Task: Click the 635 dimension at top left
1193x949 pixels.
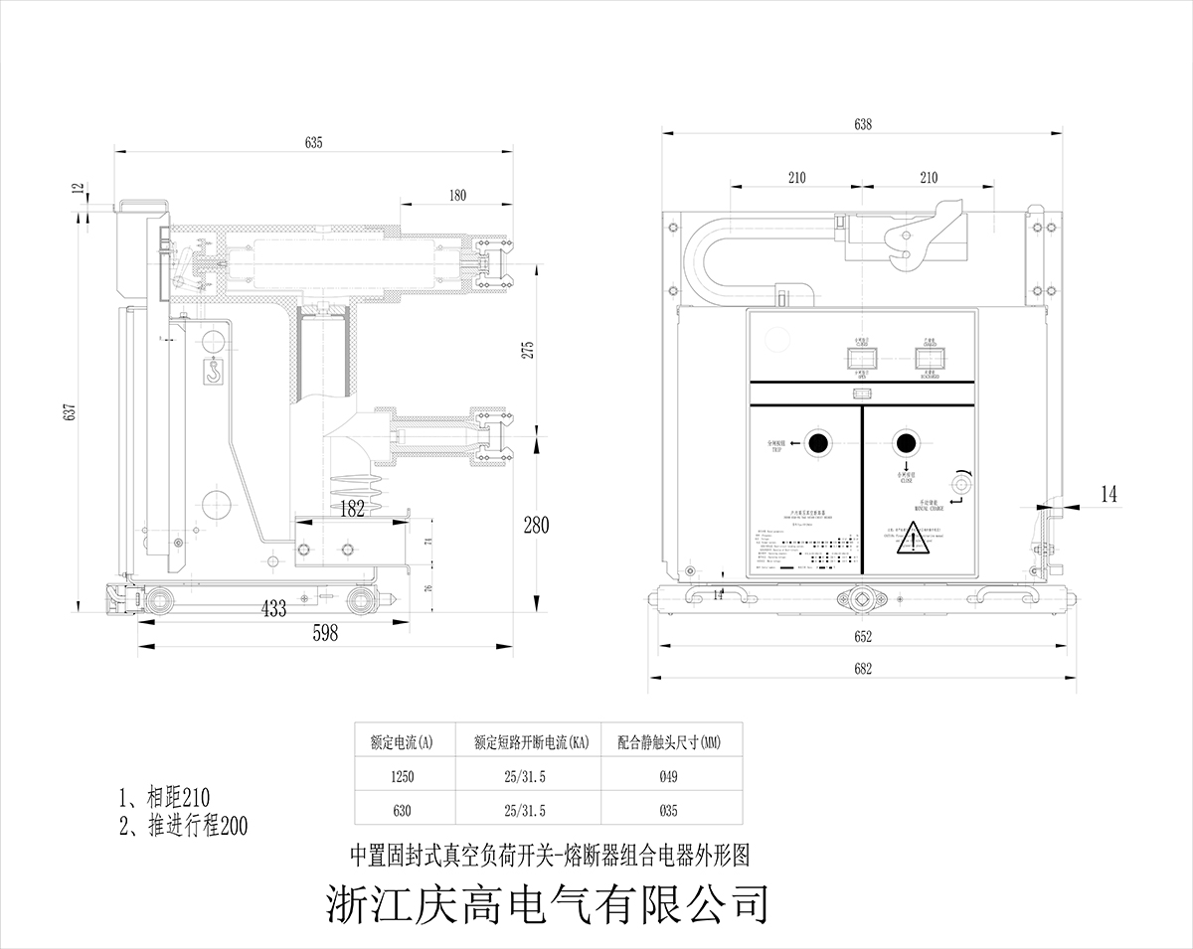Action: pos(313,143)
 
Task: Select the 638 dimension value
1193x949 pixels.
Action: pos(863,124)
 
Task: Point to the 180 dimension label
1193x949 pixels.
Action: pos(456,196)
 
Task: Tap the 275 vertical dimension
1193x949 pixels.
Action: pos(529,350)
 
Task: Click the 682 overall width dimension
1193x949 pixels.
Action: pos(862,670)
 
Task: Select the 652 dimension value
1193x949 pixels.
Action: pos(862,636)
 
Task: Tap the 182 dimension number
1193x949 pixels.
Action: pos(352,509)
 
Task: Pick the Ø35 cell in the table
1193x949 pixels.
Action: pos(668,811)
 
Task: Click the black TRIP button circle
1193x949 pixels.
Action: pos(817,443)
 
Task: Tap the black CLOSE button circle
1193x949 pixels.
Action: pos(906,442)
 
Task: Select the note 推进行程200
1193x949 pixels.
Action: pos(183,825)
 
